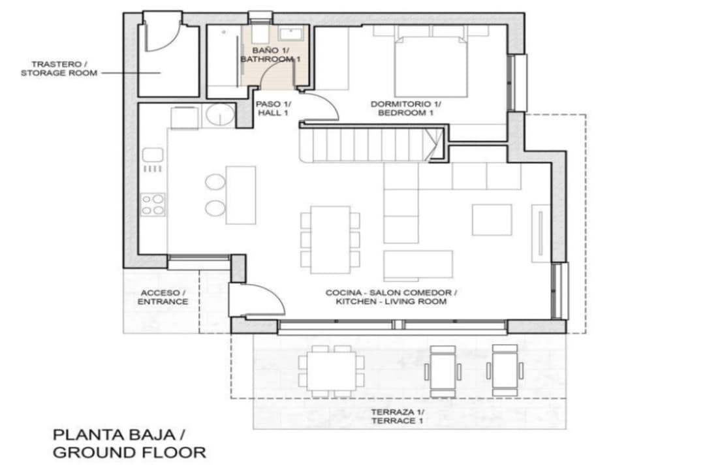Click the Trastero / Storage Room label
(59, 69)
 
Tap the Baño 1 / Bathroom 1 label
(271, 54)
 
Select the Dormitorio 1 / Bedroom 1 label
(405, 108)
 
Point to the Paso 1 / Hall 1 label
(273, 108)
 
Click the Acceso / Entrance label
(163, 297)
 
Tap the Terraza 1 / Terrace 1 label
(397, 416)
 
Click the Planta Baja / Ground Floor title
(129, 443)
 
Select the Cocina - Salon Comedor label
(391, 293)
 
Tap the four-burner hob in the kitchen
(152, 204)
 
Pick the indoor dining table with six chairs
(330, 240)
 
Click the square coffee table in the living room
(492, 220)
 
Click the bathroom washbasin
(293, 33)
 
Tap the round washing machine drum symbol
(220, 114)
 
